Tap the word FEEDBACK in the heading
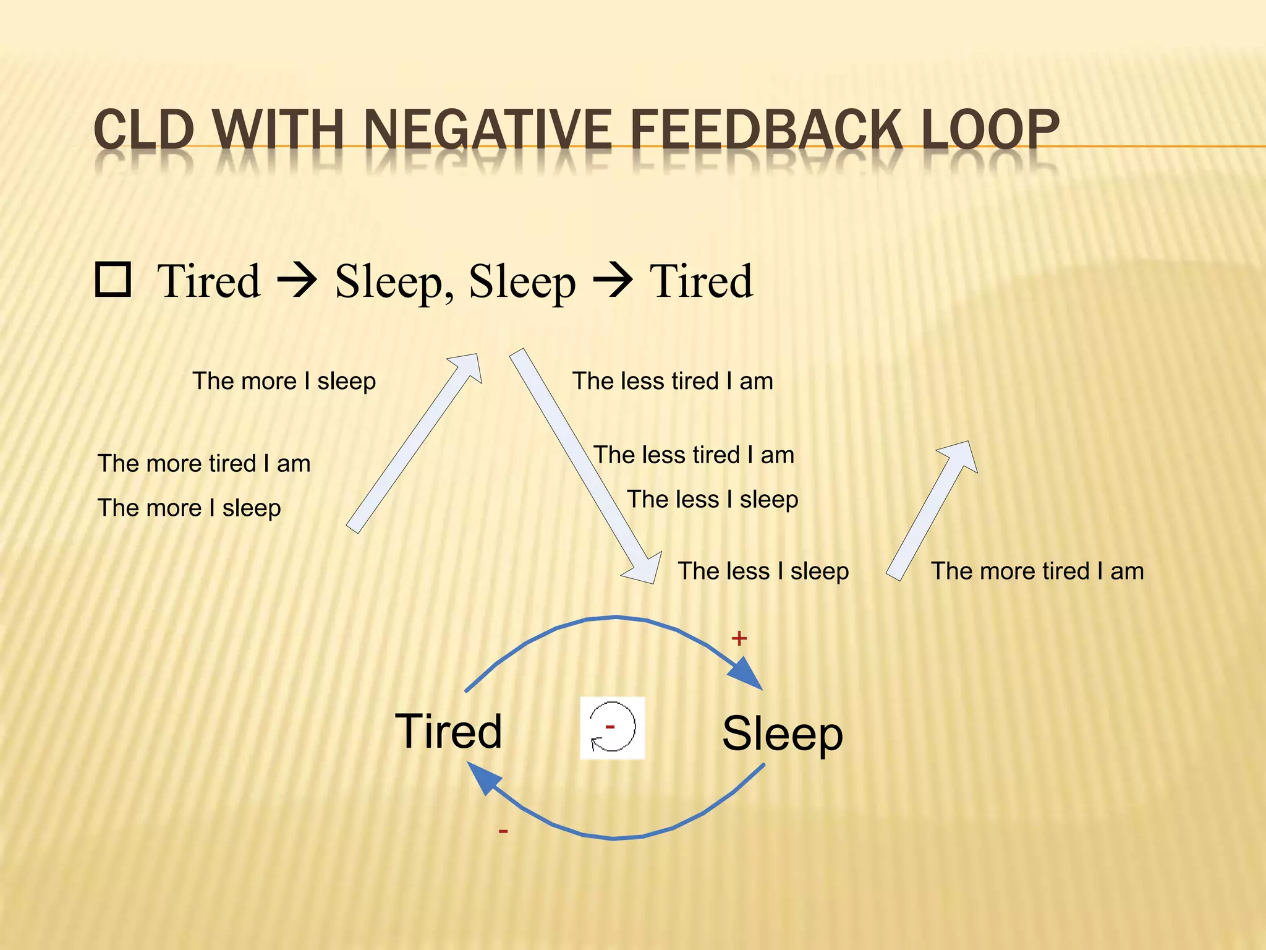click(x=766, y=130)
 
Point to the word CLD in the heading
click(x=144, y=130)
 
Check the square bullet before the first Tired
click(x=113, y=280)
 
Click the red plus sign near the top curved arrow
click(x=739, y=638)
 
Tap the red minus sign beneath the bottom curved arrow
click(x=503, y=831)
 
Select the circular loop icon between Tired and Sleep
click(x=612, y=728)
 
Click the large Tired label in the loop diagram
click(x=448, y=731)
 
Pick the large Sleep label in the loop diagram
click(x=782, y=734)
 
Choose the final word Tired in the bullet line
click(x=701, y=281)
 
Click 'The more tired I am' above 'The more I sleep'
click(x=204, y=463)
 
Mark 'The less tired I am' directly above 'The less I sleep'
click(x=694, y=455)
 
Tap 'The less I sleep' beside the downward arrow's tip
click(x=763, y=571)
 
